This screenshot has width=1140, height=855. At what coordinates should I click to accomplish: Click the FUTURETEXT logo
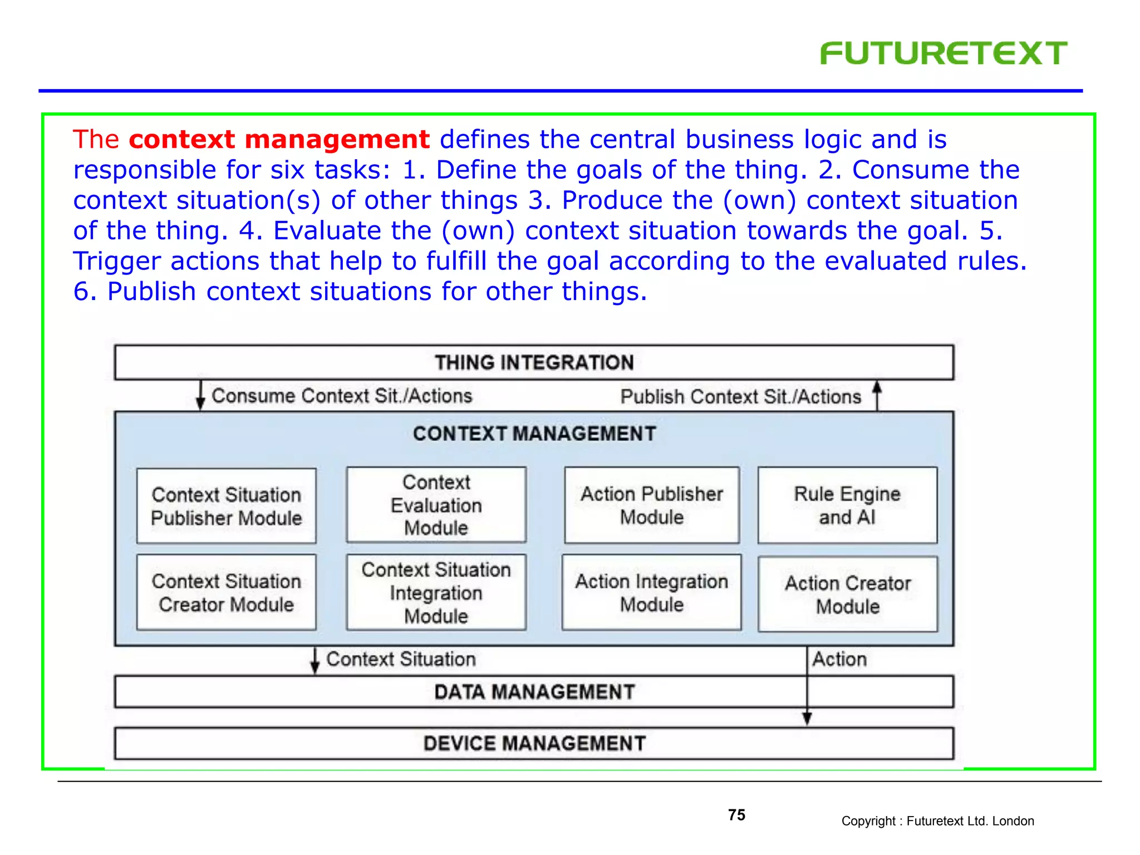944,53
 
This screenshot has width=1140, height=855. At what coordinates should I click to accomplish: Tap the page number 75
736,815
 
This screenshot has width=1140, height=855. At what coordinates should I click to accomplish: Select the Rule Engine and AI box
847,505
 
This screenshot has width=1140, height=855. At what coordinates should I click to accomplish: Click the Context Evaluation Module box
436,505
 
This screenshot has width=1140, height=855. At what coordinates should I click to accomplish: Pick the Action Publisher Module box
652,505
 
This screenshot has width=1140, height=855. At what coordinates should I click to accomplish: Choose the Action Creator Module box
848,594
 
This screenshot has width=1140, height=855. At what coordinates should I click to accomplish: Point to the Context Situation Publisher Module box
227,506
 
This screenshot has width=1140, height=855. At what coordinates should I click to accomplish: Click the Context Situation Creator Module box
227,593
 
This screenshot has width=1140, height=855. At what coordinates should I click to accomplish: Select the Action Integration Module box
652,593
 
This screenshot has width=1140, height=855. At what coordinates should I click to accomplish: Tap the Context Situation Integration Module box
436,593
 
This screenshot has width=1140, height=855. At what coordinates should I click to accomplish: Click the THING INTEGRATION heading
534,363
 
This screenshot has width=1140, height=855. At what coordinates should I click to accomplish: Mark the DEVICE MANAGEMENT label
534,744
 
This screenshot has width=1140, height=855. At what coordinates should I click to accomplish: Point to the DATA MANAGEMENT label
534,692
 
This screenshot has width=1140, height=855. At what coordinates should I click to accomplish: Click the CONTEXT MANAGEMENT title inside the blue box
534,434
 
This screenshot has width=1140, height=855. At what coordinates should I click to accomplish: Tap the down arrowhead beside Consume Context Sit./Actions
200,404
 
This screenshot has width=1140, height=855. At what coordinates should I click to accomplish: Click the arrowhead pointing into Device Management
807,719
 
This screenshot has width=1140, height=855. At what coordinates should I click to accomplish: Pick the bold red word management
337,139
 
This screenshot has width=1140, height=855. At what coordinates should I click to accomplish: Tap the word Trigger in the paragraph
117,262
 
